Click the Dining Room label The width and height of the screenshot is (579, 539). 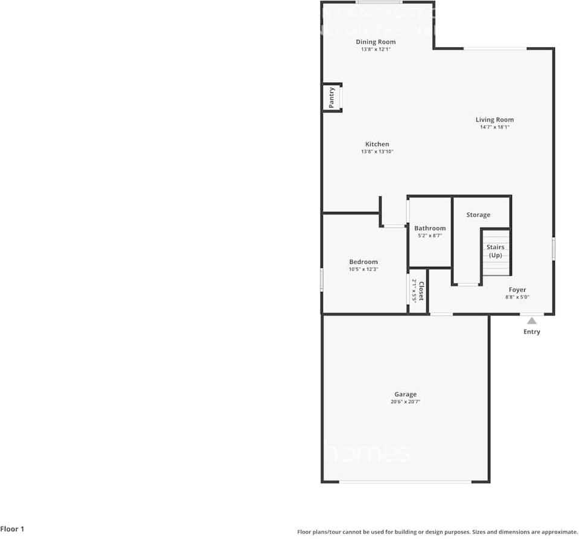pos(376,42)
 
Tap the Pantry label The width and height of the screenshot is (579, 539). pos(331,98)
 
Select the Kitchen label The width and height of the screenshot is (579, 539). pos(377,144)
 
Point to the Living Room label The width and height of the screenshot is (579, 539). pos(494,120)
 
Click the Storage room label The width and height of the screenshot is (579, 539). pos(478,215)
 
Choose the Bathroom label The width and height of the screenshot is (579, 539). pos(430,228)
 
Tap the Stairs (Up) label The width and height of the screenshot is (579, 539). pos(496,251)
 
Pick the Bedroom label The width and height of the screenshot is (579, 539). pos(363,262)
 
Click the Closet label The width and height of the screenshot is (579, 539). pos(421,292)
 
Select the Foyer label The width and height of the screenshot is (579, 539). pos(517,290)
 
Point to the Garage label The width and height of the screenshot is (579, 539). pos(406,395)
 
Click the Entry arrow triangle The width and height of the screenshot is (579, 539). pos(531,321)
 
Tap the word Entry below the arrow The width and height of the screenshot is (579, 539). pos(532,332)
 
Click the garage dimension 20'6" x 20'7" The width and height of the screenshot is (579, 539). pos(406,402)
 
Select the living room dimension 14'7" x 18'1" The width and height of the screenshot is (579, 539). pos(494,127)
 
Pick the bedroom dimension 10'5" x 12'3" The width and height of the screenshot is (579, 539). pos(363,269)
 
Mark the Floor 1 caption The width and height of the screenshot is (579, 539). pos(13,529)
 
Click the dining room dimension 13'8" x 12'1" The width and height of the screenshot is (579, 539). pos(376,49)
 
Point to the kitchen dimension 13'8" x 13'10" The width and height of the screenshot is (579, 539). pos(377,151)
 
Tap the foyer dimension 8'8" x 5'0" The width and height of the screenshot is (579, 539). pos(517,297)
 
